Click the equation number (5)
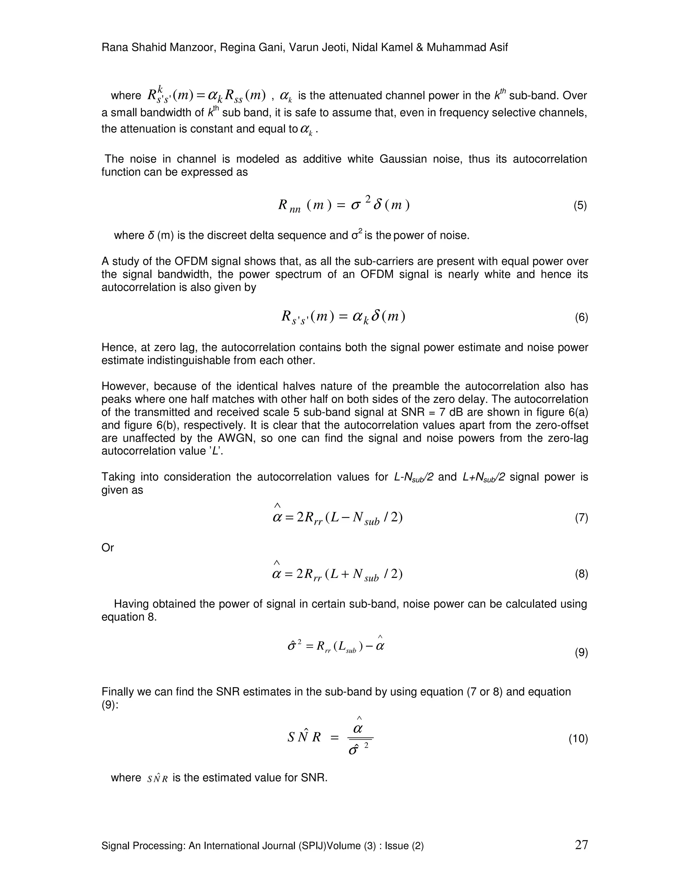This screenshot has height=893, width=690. [x=580, y=206]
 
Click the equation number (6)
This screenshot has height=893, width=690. [x=581, y=317]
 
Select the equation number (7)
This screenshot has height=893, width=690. [x=581, y=518]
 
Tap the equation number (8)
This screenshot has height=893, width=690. [x=581, y=574]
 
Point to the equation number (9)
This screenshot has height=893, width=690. [x=581, y=653]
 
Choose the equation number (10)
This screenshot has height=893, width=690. [x=578, y=739]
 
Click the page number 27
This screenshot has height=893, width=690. [x=581, y=845]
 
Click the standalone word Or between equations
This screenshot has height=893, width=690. [x=107, y=548]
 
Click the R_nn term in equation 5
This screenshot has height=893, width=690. [x=289, y=206]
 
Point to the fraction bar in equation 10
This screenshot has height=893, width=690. [x=360, y=738]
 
